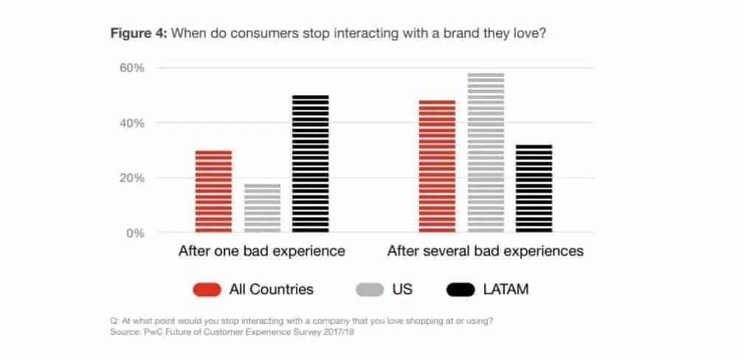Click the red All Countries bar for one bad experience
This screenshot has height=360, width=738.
point(213,191)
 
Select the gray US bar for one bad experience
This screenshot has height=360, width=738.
point(262,208)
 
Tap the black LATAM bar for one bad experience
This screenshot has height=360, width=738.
point(311,164)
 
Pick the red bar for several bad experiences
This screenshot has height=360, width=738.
point(437,166)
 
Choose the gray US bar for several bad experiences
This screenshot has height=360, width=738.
point(486,153)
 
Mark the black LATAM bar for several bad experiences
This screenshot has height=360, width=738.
point(534,188)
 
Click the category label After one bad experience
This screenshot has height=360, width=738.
point(262,251)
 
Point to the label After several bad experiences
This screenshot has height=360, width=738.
point(486,251)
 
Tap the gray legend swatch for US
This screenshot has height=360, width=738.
point(369,290)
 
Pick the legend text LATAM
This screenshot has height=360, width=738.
point(507,290)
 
